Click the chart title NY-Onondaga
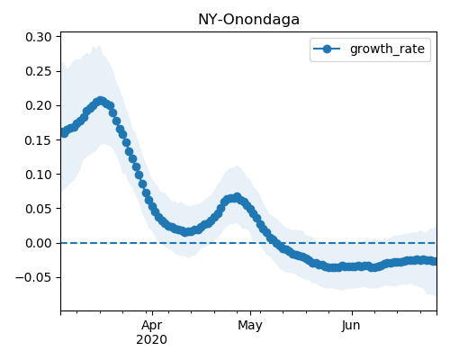(x=248, y=20)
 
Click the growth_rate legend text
(x=387, y=49)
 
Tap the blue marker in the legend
(x=327, y=49)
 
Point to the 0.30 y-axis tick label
(x=39, y=37)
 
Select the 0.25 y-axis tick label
(x=39, y=71)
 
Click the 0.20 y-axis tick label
(x=39, y=106)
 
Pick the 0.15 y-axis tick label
(x=39, y=140)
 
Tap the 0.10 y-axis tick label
(x=39, y=175)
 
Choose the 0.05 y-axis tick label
(x=39, y=209)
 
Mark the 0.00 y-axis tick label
(x=39, y=243)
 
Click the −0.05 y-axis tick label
(x=33, y=277)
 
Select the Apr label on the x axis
(x=152, y=326)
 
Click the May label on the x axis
(x=250, y=326)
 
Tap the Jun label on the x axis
(x=351, y=326)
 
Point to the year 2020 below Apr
(x=151, y=340)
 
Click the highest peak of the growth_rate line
(x=101, y=101)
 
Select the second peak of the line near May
(x=237, y=197)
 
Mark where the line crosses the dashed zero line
(x=273, y=243)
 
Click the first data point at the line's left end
(x=64, y=133)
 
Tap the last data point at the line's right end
(x=434, y=261)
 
